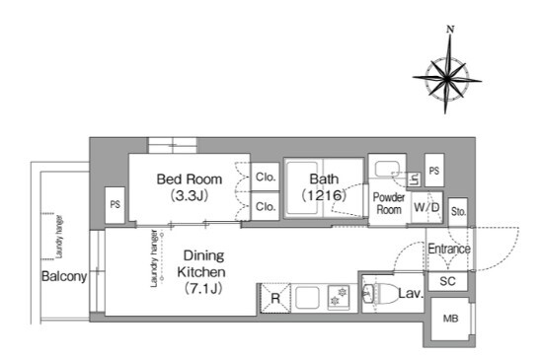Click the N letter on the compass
[450, 30]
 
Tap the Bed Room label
[190, 180]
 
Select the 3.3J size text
[190, 195]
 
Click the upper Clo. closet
[265, 177]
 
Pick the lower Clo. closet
[265, 206]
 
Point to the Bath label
[324, 179]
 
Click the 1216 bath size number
[324, 195]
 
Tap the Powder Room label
[389, 203]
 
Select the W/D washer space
[426, 207]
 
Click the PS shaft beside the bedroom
[116, 205]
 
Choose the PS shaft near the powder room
[434, 171]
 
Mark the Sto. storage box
[458, 212]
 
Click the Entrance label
[449, 249]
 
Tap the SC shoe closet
[448, 281]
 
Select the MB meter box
[450, 319]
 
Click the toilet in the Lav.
[380, 294]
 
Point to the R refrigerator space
[275, 298]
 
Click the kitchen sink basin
[307, 298]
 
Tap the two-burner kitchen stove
[340, 298]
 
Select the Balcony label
[64, 276]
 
